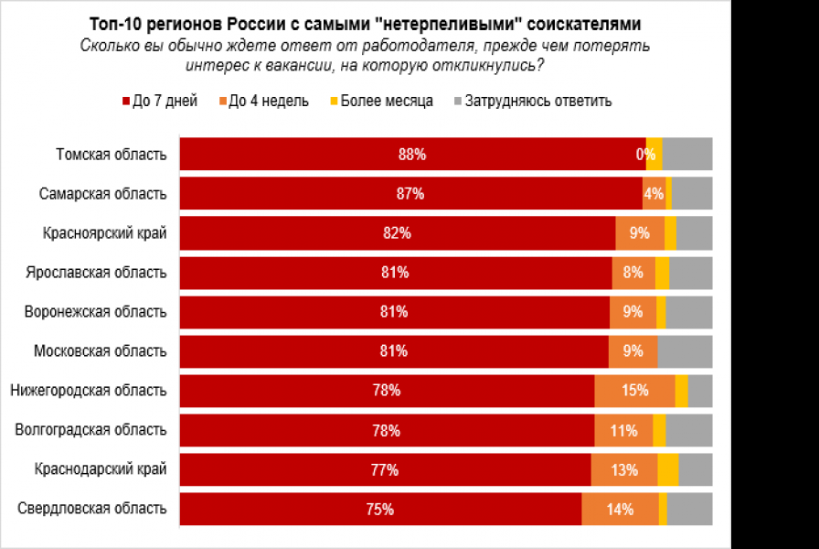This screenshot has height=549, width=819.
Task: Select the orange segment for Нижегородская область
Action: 634,391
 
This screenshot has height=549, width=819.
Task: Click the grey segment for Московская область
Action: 685,351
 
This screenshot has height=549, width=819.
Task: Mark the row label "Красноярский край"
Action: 104,233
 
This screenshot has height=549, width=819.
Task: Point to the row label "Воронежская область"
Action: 96,312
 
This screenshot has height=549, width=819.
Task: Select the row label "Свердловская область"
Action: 92,509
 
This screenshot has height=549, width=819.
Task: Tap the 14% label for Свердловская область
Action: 620,510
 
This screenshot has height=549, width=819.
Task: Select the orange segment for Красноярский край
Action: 640,233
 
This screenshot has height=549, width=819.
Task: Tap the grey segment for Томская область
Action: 687,155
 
